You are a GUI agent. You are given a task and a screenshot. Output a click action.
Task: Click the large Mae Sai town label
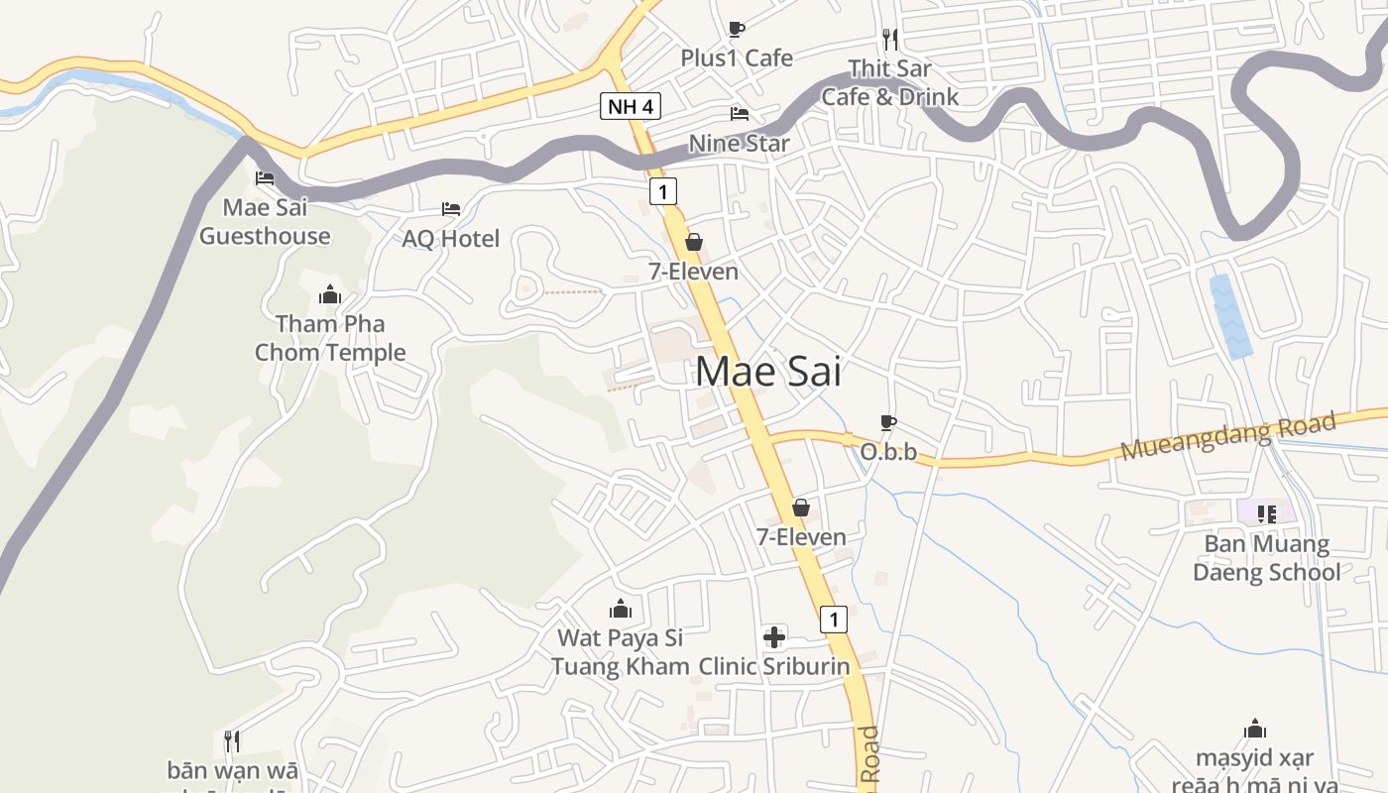(x=768, y=372)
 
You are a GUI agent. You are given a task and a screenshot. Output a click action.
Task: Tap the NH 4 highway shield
(x=630, y=106)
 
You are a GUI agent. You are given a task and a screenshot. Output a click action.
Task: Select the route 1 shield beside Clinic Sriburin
(x=834, y=620)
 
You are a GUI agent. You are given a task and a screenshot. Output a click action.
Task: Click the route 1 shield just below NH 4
(x=663, y=191)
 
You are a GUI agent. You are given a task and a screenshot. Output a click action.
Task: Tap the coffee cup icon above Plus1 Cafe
(x=736, y=29)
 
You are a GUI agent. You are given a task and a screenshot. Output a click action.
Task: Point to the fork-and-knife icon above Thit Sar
(x=890, y=39)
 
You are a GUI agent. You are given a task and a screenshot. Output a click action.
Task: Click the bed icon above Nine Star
(x=740, y=114)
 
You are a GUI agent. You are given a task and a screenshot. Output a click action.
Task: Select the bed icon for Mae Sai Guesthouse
(x=265, y=178)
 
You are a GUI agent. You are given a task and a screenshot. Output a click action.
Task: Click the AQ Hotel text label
(x=450, y=238)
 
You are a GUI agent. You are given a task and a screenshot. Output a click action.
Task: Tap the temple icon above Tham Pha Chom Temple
(x=330, y=294)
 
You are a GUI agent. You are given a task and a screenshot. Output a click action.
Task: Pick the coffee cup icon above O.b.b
(x=888, y=423)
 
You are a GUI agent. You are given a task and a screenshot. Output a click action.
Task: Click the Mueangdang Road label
(x=1228, y=437)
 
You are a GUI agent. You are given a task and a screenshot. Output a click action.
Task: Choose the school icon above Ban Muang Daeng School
(x=1266, y=513)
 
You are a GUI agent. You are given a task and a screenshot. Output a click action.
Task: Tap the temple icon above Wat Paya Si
(x=621, y=608)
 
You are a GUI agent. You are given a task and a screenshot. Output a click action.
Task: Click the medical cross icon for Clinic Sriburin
(x=774, y=636)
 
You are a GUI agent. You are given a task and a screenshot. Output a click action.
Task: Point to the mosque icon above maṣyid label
(x=1255, y=730)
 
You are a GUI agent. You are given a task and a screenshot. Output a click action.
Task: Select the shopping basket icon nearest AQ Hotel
(x=694, y=242)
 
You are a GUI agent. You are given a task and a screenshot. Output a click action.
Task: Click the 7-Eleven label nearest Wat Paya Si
(x=801, y=537)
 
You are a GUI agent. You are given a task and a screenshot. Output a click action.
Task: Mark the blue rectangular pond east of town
(x=1230, y=315)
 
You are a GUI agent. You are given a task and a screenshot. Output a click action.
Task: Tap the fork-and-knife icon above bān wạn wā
(x=231, y=740)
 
